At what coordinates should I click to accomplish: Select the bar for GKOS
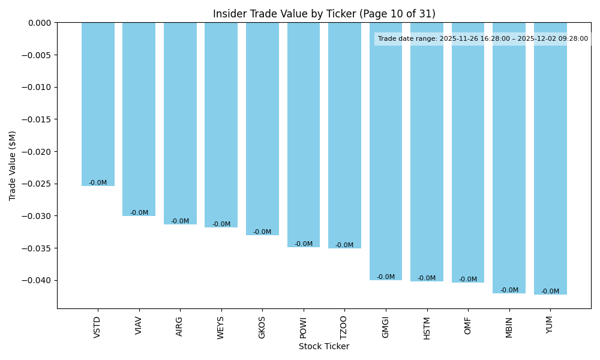click(x=262, y=128)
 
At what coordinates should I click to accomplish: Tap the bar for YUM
click(x=550, y=158)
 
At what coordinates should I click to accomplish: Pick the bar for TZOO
click(x=344, y=135)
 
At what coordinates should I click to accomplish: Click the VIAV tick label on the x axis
click(x=139, y=327)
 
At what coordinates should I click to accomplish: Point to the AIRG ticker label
click(x=180, y=327)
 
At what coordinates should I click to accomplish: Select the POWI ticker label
click(x=303, y=328)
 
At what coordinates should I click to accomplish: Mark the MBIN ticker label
click(x=509, y=328)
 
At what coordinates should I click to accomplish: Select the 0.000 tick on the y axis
click(x=40, y=23)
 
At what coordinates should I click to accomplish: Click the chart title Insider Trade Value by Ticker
click(x=324, y=14)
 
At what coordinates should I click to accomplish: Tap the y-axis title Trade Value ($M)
click(x=13, y=166)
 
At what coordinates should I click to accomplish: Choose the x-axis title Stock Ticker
click(x=324, y=346)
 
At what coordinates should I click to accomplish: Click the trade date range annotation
click(x=483, y=39)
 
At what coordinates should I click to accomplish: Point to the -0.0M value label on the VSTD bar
click(x=98, y=183)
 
